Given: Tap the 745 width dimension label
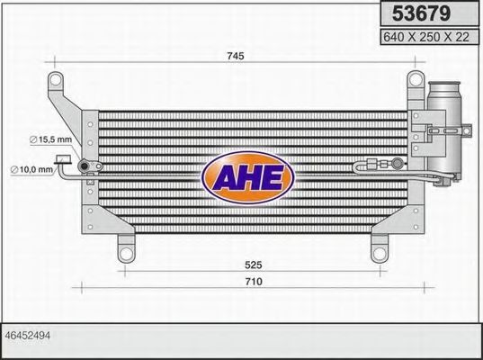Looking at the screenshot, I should click(x=236, y=56).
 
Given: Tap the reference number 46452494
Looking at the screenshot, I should click(x=27, y=334).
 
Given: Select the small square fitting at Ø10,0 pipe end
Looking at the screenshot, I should click(x=62, y=160).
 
